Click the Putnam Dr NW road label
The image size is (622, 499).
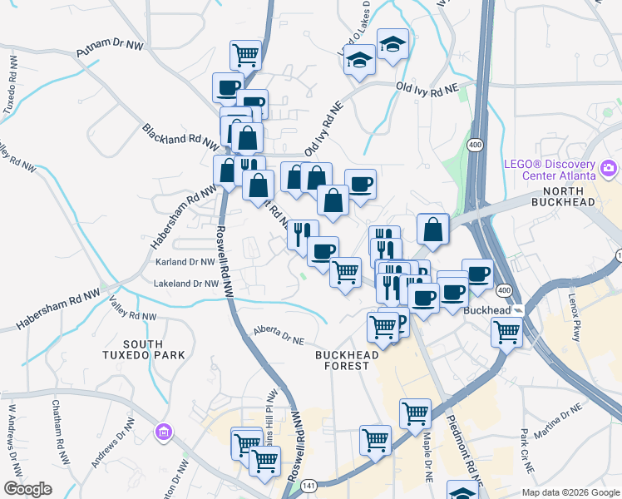[109, 51]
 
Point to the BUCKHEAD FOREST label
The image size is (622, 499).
[347, 360]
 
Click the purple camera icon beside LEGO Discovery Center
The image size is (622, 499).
[609, 170]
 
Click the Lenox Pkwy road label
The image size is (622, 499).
[579, 320]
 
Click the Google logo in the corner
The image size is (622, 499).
[27, 489]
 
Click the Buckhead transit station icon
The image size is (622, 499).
[518, 310]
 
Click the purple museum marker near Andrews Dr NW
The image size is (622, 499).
[164, 432]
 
